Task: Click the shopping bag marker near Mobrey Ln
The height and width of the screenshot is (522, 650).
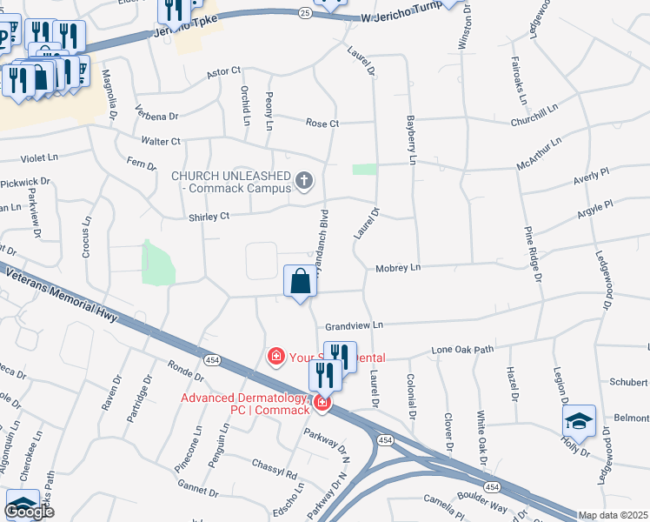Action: (300, 281)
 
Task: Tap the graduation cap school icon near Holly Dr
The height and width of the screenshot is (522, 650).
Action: (579, 422)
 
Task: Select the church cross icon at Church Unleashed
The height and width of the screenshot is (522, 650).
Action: (303, 181)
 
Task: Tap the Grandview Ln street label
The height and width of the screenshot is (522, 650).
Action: (354, 325)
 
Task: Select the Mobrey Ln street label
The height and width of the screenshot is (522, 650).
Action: (397, 268)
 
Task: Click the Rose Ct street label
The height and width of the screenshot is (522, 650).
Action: (322, 124)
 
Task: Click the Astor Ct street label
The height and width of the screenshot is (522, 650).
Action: (223, 73)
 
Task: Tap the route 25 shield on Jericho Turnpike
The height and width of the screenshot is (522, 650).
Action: (304, 14)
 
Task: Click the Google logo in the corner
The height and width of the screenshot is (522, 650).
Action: (29, 512)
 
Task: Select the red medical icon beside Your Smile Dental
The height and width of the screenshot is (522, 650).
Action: (276, 356)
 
